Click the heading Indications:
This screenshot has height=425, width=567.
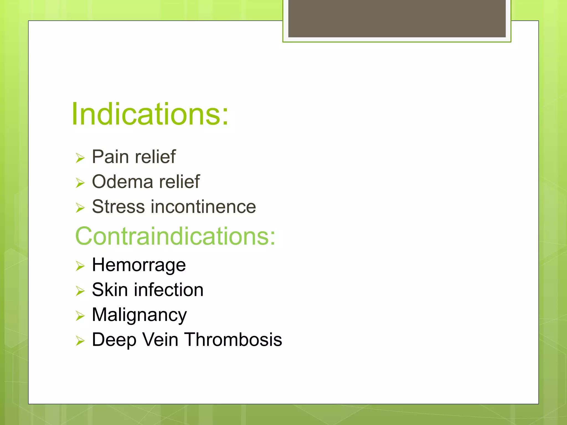(150, 114)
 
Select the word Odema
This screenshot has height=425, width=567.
(122, 182)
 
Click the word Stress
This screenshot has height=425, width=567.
(118, 207)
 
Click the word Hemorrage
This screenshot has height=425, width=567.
(139, 265)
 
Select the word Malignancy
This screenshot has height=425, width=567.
(139, 315)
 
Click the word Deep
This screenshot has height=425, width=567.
(114, 340)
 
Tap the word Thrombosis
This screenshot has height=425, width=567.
(233, 340)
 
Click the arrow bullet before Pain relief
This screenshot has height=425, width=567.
(80, 158)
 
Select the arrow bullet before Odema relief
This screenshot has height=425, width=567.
(80, 183)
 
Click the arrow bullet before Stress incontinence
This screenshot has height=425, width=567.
(80, 208)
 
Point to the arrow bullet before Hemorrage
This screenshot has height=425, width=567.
(80, 266)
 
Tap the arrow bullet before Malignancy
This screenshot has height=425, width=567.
(80, 316)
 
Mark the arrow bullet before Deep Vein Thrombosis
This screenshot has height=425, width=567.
(80, 341)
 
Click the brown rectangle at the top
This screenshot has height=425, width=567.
(397, 18)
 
